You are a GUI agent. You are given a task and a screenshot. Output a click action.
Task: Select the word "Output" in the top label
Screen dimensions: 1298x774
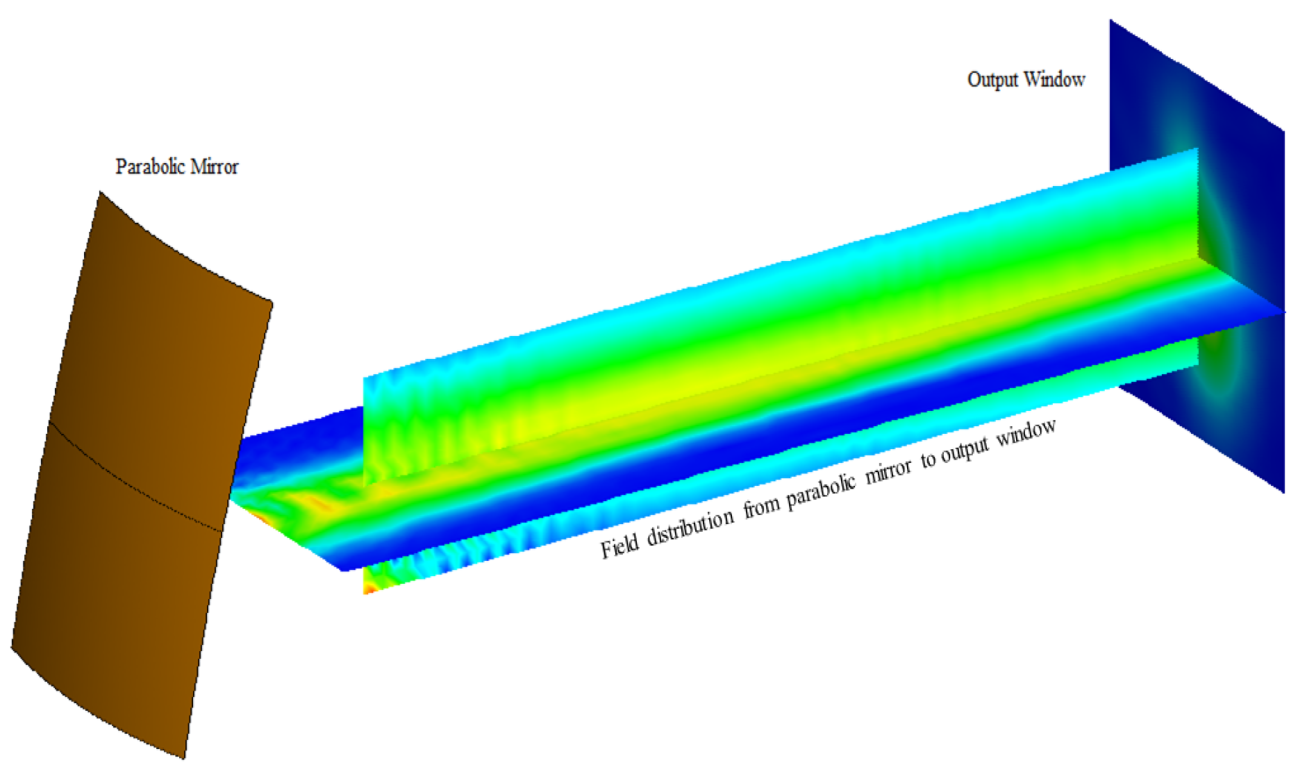[992, 80]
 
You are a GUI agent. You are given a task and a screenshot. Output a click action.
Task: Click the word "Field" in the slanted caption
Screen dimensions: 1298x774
[619, 545]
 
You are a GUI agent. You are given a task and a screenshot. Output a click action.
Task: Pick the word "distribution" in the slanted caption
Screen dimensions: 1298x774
[690, 525]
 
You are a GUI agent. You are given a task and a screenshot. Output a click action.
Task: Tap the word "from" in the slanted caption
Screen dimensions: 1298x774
[762, 506]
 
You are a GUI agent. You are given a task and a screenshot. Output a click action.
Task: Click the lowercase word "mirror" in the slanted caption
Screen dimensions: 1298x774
[888, 471]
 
